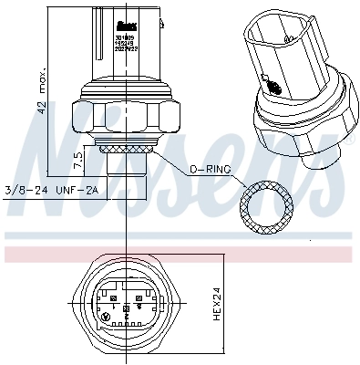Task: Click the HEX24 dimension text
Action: tap(214, 304)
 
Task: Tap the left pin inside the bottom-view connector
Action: tap(111, 297)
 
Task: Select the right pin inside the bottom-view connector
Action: tap(138, 297)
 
